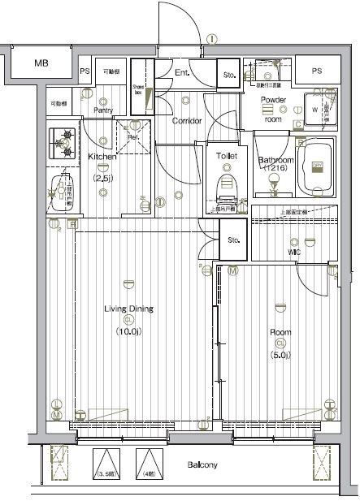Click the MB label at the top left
click(x=41, y=63)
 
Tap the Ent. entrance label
click(x=181, y=73)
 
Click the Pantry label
click(x=102, y=110)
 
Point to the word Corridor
click(x=186, y=121)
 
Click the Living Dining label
click(x=128, y=309)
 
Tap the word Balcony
click(x=202, y=466)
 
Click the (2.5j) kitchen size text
click(x=102, y=177)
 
